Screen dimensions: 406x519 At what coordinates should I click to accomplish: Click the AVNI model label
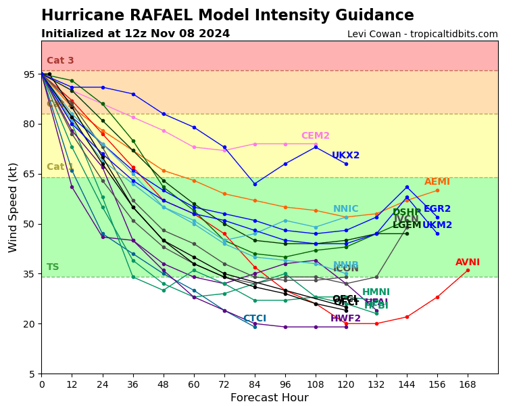pyautogui.click(x=468, y=263)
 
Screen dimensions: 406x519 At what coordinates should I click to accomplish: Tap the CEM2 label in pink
pyautogui.click(x=316, y=136)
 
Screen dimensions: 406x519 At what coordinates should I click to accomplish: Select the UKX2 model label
pyautogui.click(x=345, y=156)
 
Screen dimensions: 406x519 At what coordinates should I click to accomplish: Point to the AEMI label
pyautogui.click(x=437, y=182)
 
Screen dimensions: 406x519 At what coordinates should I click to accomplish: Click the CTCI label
pyautogui.click(x=255, y=319)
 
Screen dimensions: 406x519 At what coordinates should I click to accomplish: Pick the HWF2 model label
pyautogui.click(x=345, y=319)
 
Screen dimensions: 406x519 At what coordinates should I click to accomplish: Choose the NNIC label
pyautogui.click(x=346, y=209)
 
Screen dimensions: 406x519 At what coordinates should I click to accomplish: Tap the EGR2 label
pyautogui.click(x=437, y=209)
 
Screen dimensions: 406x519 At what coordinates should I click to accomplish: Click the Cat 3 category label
pyautogui.click(x=60, y=61)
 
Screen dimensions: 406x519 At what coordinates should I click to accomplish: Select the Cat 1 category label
pyautogui.click(x=60, y=167)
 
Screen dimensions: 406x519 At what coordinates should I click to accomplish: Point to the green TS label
pyautogui.click(x=53, y=267)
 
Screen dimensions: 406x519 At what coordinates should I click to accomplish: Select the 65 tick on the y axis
pyautogui.click(x=29, y=174)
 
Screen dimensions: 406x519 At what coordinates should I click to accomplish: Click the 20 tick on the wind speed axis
pyautogui.click(x=29, y=324)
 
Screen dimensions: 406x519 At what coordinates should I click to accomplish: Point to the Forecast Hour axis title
pyautogui.click(x=269, y=398)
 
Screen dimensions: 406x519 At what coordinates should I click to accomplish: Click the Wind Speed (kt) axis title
pyautogui.click(x=14, y=207)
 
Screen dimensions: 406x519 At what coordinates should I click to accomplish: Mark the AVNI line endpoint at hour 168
pyautogui.click(x=468, y=270)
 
